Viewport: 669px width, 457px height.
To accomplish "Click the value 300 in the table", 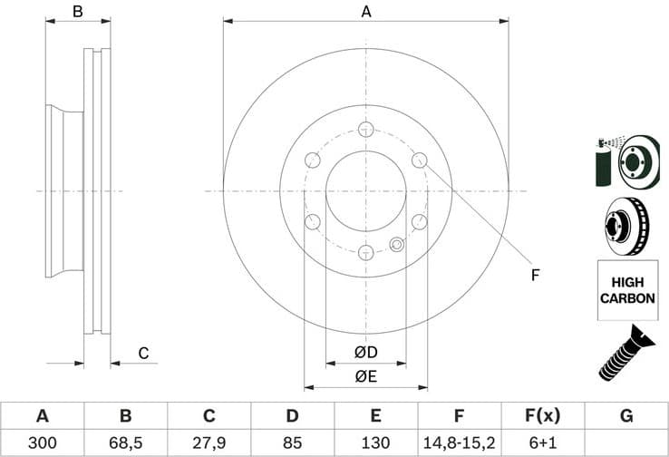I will pos(42,442).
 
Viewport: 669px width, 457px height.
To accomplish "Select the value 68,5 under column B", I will pos(125,442).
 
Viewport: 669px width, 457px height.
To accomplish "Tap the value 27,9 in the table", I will pos(208,442).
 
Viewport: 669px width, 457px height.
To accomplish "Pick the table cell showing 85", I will pos(292,442).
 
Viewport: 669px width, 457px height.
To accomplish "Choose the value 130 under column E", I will pos(375,442).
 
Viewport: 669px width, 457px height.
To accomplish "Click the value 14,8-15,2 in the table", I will pos(459,442).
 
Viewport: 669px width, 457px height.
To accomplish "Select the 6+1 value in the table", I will pos(542,442).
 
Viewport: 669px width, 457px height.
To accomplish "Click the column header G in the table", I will pos(625,416).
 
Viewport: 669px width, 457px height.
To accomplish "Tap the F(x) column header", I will pos(542,416).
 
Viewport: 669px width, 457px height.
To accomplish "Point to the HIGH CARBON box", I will pos(627,290).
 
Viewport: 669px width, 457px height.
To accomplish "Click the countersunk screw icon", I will pos(626,353).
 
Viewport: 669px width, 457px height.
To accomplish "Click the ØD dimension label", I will pos(365,351).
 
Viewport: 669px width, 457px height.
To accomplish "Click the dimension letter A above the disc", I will pos(366,12).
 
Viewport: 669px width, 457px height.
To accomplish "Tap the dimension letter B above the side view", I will pos(78,12).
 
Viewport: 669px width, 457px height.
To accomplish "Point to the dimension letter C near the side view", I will pos(142,353).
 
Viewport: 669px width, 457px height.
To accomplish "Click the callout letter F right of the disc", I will pos(535,275).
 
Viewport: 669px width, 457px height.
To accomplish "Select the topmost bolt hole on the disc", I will pos(365,129).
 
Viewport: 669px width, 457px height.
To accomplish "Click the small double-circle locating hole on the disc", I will pos(397,244).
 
